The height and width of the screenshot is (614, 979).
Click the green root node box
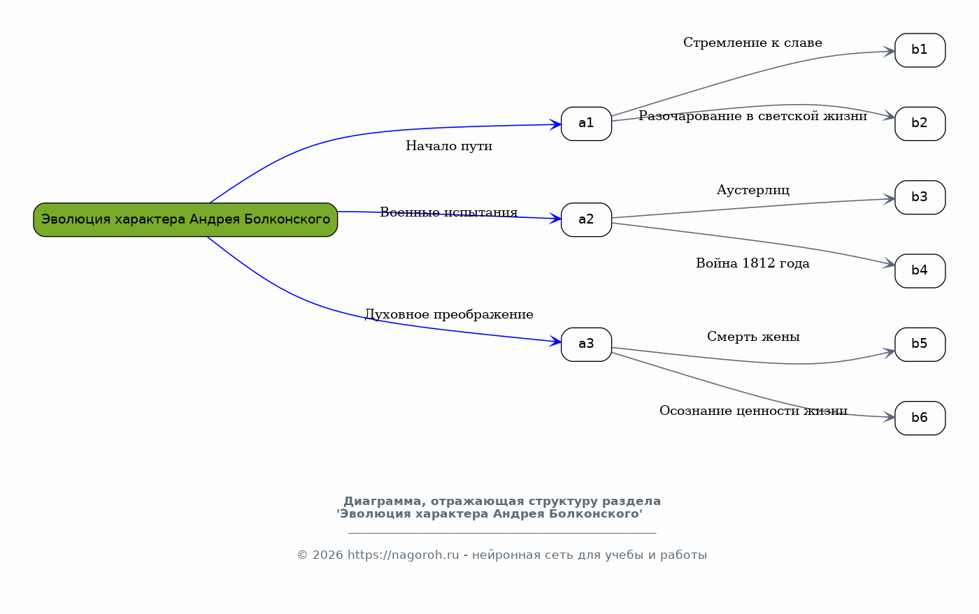tap(185, 219)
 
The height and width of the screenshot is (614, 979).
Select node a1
tap(586, 124)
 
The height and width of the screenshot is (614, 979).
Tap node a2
tap(586, 219)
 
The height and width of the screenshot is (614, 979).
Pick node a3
tap(586, 344)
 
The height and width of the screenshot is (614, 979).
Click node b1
tap(920, 50)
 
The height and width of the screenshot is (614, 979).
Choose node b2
tap(920, 124)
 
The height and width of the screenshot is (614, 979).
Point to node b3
tap(920, 198)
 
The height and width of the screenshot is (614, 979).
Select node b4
tap(920, 271)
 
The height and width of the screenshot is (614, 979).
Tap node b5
tap(920, 344)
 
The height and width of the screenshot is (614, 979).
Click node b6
tap(920, 418)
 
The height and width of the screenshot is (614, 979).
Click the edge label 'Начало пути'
tap(449, 146)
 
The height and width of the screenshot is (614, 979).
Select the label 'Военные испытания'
tap(449, 212)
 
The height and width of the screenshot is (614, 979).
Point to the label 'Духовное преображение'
tap(449, 314)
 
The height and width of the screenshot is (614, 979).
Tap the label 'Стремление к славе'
tap(752, 43)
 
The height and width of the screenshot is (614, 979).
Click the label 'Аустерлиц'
tap(753, 191)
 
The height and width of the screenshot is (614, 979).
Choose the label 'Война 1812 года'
tap(752, 263)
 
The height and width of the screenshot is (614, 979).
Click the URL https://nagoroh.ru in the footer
tap(403, 555)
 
